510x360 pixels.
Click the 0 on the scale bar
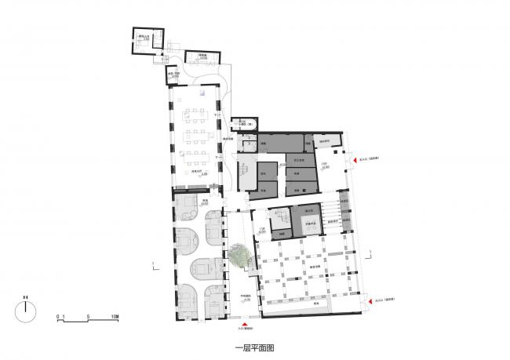pyautogui.click(x=58, y=317)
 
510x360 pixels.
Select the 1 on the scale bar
pyautogui.click(x=65, y=317)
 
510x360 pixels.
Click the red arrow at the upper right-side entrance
pyautogui.click(x=354, y=160)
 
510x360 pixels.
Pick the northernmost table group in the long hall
pyautogui.click(x=191, y=117)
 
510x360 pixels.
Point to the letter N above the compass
pyautogui.click(x=26, y=296)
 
